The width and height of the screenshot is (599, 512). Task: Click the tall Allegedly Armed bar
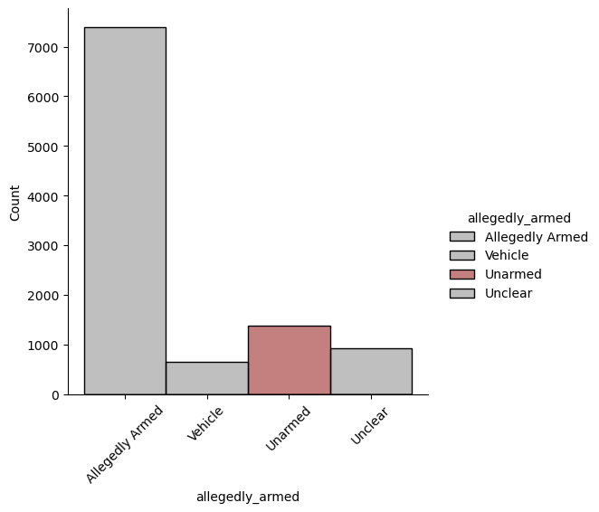pyautogui.click(x=125, y=211)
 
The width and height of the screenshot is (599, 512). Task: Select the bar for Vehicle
pyautogui.click(x=206, y=378)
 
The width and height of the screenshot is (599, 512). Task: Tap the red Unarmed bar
pyautogui.click(x=289, y=360)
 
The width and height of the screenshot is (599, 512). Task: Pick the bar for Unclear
pyautogui.click(x=371, y=371)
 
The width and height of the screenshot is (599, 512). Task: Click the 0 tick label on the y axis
pyautogui.click(x=56, y=395)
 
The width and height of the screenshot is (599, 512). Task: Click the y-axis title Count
pyautogui.click(x=14, y=204)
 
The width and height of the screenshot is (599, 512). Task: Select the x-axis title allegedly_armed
pyautogui.click(x=248, y=497)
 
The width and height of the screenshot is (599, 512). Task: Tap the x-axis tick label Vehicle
pyautogui.click(x=206, y=424)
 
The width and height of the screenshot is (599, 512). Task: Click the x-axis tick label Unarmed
pyautogui.click(x=289, y=428)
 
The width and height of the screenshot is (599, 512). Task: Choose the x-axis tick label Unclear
pyautogui.click(x=370, y=425)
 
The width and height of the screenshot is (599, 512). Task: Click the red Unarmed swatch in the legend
pyautogui.click(x=461, y=274)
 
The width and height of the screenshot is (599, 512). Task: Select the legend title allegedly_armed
pyautogui.click(x=518, y=217)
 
